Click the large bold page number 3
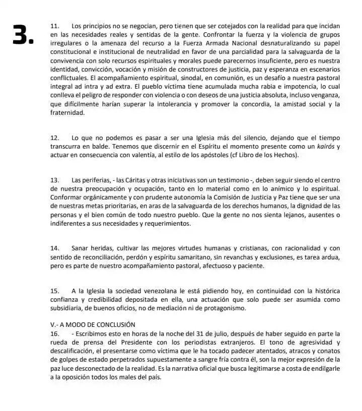click(x=24, y=36)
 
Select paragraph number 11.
click(x=56, y=25)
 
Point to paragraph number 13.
click(x=56, y=180)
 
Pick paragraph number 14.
click(x=56, y=248)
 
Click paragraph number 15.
click(x=56, y=291)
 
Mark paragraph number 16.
click(x=56, y=333)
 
